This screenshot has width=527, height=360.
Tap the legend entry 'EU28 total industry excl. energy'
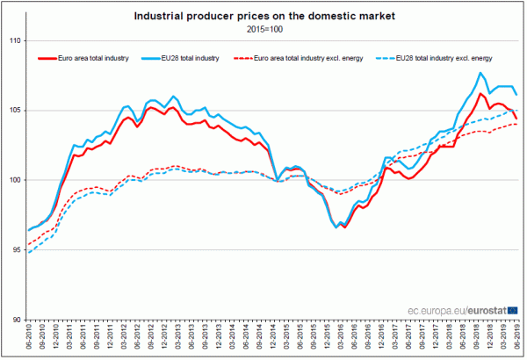point(443,58)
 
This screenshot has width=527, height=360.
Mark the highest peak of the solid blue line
point(481,73)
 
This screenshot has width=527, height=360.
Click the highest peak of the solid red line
point(480,93)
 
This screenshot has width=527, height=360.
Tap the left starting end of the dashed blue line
point(28,253)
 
